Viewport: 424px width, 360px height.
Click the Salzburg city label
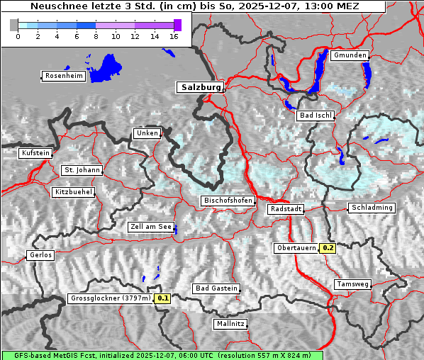pyautogui.click(x=200, y=87)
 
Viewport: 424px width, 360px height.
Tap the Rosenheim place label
pyautogui.click(x=63, y=76)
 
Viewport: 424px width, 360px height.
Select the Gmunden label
pyautogui.click(x=350, y=55)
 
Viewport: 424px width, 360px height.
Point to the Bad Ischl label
pyautogui.click(x=316, y=116)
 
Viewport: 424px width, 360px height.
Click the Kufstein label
pyautogui.click(x=35, y=153)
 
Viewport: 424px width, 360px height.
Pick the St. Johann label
pyautogui.click(x=82, y=170)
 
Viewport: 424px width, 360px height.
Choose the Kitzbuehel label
pyautogui.click(x=73, y=192)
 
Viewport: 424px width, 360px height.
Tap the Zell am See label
pyautogui.click(x=151, y=227)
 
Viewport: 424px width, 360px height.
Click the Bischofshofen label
pyautogui.click(x=228, y=201)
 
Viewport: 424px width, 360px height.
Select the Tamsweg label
pyautogui.click(x=352, y=284)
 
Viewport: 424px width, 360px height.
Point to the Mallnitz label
pyautogui.click(x=230, y=324)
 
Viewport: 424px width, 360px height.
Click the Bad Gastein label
pyautogui.click(x=216, y=288)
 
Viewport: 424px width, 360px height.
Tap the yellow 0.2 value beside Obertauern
pyautogui.click(x=328, y=248)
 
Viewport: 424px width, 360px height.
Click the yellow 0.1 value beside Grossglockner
pyautogui.click(x=163, y=298)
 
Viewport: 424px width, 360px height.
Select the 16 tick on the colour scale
pyautogui.click(x=174, y=35)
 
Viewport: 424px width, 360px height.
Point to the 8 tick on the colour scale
pyautogui.click(x=96, y=35)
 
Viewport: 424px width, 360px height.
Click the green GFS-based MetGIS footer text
pyautogui.click(x=162, y=355)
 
